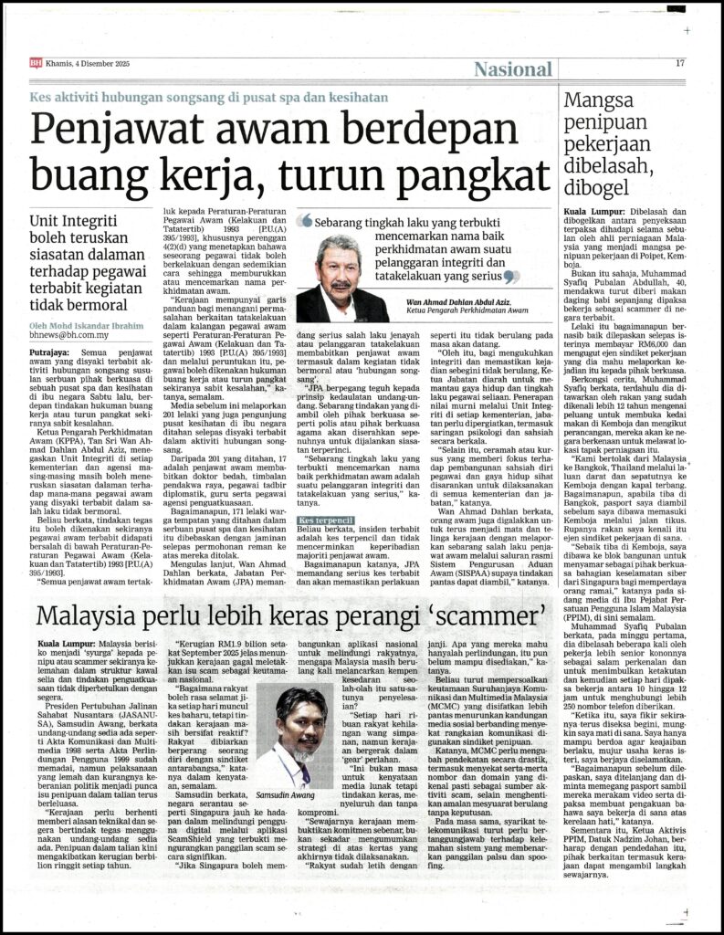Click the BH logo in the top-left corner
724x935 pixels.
tap(35, 63)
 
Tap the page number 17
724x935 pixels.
tap(680, 63)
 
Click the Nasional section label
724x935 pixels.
tap(513, 69)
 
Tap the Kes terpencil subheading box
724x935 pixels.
tap(324, 520)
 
